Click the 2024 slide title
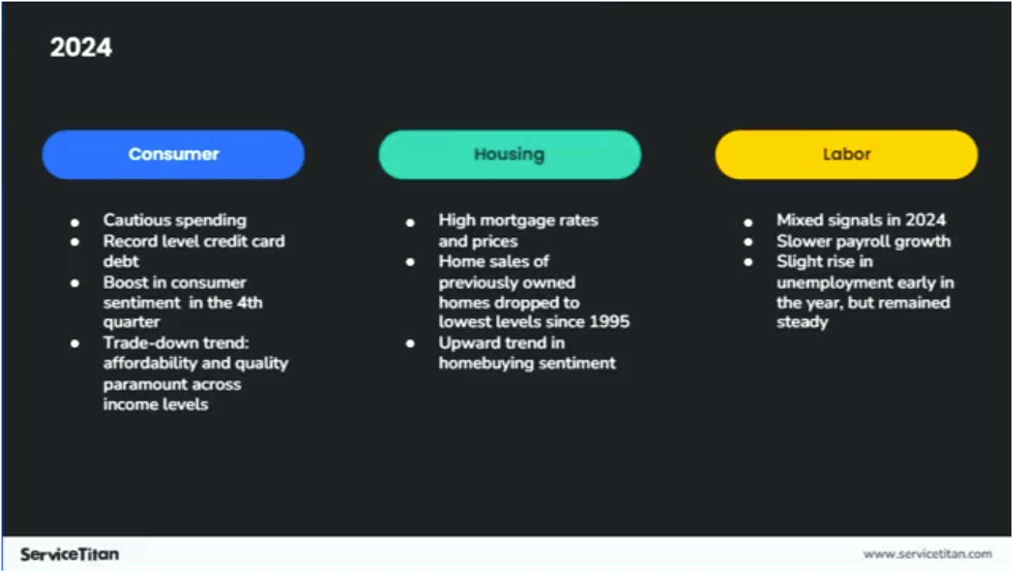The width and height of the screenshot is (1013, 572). (81, 48)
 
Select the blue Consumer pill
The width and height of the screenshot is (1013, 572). (173, 155)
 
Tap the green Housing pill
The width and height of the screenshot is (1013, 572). (509, 155)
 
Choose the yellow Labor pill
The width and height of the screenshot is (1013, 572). (846, 155)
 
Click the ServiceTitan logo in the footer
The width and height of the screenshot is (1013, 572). (70, 554)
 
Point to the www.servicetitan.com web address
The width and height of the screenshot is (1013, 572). (927, 553)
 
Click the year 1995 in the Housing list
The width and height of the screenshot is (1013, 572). (610, 322)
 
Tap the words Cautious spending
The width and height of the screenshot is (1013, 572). (175, 220)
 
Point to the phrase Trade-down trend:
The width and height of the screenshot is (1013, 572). (175, 343)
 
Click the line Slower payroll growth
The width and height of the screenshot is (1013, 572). (863, 241)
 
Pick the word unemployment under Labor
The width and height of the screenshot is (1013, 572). (835, 282)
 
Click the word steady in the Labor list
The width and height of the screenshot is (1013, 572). (802, 322)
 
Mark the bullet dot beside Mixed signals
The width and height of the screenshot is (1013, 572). (748, 221)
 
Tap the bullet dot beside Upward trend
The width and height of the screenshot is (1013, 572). (410, 343)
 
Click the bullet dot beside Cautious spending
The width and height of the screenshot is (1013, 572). (75, 221)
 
